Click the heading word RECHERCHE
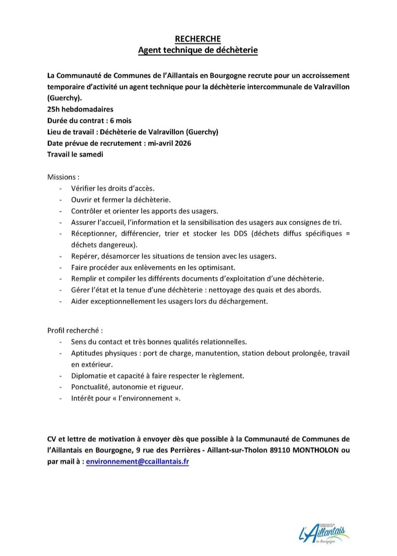(198, 39)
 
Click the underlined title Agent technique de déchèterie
(198, 50)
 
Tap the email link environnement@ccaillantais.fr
(137, 462)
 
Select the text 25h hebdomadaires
(80, 109)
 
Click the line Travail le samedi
(75, 154)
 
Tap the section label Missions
(61, 177)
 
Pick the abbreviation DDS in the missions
(240, 234)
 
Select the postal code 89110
(279, 450)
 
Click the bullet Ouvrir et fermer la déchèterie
(121, 200)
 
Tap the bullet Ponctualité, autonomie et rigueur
(127, 387)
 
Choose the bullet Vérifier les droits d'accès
(112, 189)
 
